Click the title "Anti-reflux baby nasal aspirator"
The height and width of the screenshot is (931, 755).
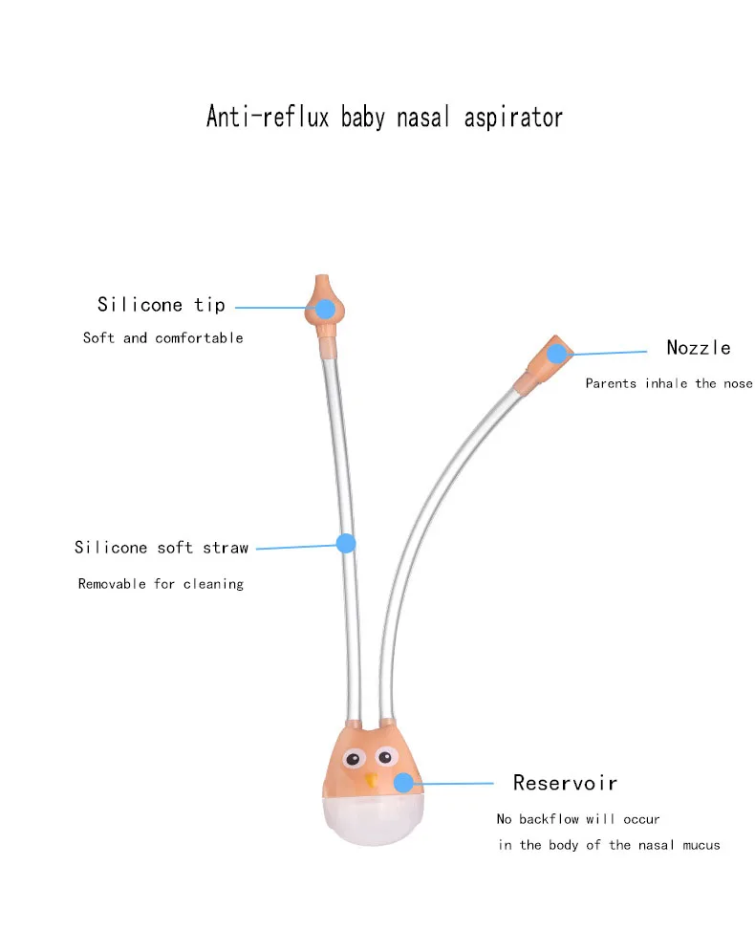point(384,118)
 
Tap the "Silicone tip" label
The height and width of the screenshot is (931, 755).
point(162,305)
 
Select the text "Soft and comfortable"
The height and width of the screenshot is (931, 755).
point(163,337)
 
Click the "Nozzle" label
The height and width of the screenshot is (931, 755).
point(699,347)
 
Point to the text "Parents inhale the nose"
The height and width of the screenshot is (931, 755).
point(669,383)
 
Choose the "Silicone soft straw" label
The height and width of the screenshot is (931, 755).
point(162,548)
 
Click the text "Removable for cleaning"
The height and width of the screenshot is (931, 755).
point(161,583)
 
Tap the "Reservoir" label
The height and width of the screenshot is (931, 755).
point(565,783)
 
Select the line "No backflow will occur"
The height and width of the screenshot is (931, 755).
point(578,819)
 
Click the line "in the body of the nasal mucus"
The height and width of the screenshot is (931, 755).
point(609,845)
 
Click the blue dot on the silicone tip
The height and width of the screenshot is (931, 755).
point(325,309)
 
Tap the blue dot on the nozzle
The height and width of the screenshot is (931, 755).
point(556,354)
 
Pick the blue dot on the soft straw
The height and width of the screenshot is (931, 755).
point(346,543)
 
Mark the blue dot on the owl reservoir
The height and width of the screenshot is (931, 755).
point(403,782)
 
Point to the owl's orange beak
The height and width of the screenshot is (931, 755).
point(370,779)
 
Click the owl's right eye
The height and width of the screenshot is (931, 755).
point(385,757)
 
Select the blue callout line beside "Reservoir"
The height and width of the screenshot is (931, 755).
point(453,783)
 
